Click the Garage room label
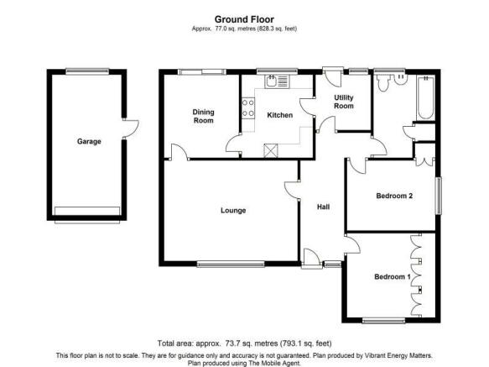coord(89,141)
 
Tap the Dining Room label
coord(203,116)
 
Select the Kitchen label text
coord(280,115)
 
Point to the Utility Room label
coord(344,102)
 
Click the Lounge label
coord(233,211)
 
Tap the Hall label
coord(324,207)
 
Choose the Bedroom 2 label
coord(394,196)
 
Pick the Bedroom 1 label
coord(393,277)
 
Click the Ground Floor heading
coord(244,19)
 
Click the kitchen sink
coord(277,81)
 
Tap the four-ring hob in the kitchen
coord(248,108)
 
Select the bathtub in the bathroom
coord(426,97)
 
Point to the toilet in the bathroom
coord(383,83)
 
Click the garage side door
coord(131,128)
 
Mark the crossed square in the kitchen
coord(270,150)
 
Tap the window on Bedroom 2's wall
coord(439,196)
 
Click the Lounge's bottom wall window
coord(231,265)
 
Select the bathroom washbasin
coord(401,79)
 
